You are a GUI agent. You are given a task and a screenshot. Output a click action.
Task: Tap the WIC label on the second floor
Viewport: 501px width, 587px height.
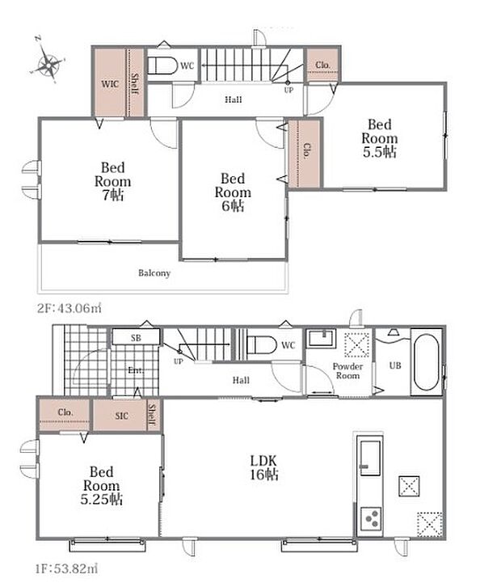110,84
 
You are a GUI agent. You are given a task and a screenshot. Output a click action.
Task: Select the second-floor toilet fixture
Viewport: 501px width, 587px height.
162,65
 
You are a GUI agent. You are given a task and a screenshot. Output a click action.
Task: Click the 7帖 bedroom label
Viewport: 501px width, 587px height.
112,181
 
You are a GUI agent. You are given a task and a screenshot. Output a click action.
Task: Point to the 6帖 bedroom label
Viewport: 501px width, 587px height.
233,192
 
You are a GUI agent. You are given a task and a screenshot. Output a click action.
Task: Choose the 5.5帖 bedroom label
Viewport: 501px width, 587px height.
380,138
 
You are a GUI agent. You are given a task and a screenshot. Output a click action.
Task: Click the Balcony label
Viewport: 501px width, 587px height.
154,273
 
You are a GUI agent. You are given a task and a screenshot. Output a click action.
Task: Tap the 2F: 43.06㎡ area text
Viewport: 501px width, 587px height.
69,309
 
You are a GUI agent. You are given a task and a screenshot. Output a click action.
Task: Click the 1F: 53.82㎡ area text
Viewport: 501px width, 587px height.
67,569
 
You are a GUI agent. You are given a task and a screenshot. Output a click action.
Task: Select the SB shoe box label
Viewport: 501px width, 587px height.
136,338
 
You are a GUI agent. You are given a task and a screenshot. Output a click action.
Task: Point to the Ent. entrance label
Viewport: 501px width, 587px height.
136,370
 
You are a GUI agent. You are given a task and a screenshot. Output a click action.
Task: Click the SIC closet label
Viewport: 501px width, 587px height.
121,416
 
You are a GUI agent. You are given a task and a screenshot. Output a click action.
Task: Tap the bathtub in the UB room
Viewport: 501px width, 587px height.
427,362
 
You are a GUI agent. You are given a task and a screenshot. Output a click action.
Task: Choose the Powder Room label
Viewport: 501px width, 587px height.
347,371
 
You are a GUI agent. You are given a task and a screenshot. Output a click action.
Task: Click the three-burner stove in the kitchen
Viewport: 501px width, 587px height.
371,519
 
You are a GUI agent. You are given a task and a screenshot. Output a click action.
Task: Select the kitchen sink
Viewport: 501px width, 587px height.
370,458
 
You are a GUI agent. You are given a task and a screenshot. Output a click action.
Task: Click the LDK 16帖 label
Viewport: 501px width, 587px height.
263,467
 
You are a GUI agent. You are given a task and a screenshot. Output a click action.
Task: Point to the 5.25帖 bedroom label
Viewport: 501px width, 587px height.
101,486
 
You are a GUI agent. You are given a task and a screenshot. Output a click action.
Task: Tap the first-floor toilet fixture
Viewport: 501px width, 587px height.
262,344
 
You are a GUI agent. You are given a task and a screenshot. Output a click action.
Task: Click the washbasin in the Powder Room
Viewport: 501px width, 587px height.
321,339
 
